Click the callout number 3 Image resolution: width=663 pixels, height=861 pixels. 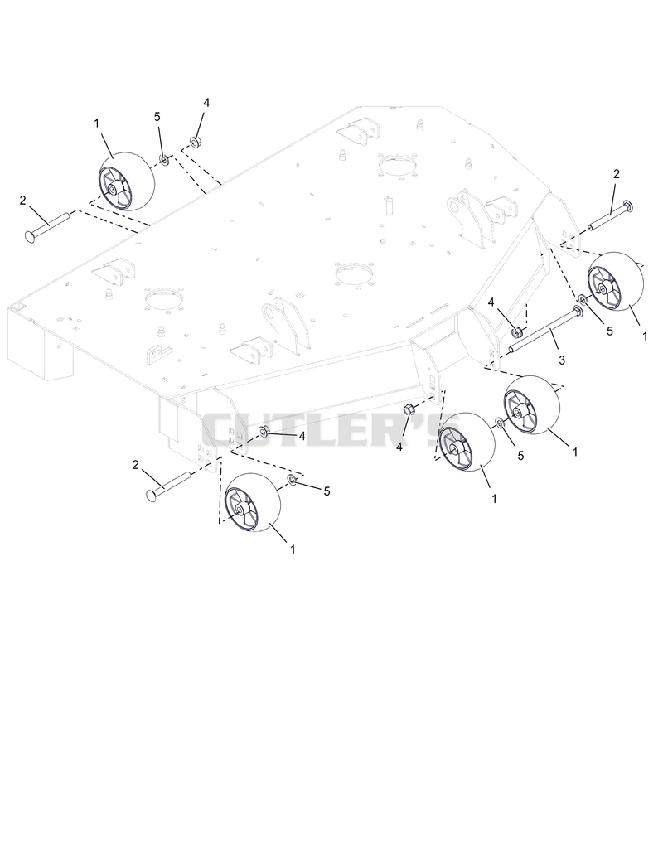[561, 360]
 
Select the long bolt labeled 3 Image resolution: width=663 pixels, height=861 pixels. [546, 331]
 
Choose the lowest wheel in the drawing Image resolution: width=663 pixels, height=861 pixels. [253, 502]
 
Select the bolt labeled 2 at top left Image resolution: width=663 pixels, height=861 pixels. [47, 225]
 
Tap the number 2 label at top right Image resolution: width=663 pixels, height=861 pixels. [617, 174]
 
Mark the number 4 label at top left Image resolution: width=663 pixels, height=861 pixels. [206, 104]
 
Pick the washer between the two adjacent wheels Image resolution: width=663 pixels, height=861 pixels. [499, 423]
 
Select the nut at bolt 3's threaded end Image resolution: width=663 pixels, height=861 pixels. [516, 331]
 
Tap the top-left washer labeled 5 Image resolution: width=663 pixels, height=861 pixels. [164, 160]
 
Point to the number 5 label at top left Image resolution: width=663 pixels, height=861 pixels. [157, 116]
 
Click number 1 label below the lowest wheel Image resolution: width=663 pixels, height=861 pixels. [293, 549]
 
